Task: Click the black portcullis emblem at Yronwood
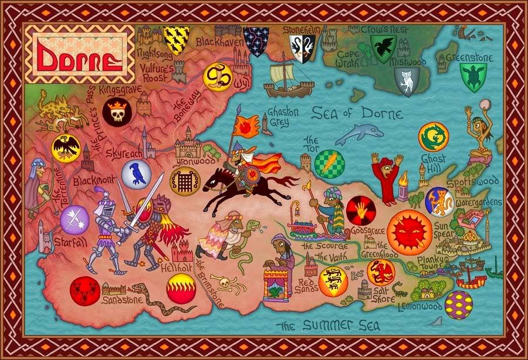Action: pos(184,182)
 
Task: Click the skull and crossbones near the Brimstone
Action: pos(223,286)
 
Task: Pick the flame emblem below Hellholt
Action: pos(180,289)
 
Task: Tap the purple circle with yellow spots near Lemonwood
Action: pos(459,304)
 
